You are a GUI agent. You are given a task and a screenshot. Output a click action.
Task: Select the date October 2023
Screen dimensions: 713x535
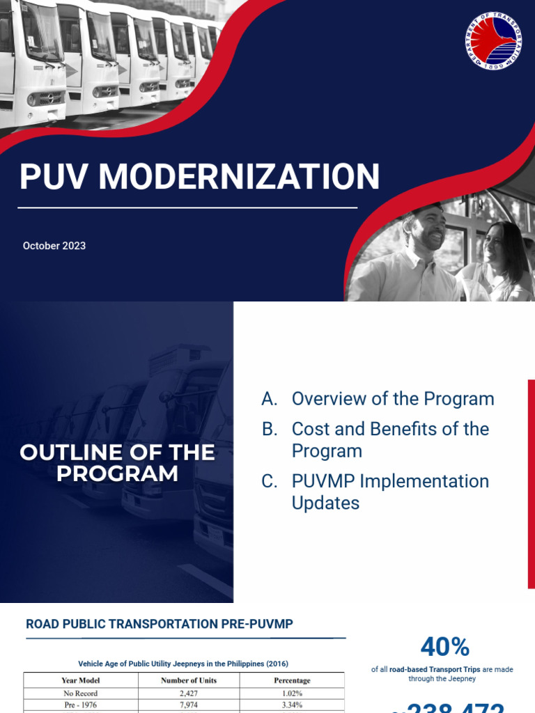click(x=54, y=246)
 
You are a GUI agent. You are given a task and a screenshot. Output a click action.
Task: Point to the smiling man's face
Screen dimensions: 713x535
click(x=426, y=230)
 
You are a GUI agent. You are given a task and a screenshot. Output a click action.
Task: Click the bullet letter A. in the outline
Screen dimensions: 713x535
click(x=270, y=399)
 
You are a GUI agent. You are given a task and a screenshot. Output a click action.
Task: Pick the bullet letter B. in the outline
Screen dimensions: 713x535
click(x=270, y=429)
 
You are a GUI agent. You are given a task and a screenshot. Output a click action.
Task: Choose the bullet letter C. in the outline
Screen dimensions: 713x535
click(x=270, y=481)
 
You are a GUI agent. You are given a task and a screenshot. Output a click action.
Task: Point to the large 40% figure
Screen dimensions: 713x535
click(x=444, y=647)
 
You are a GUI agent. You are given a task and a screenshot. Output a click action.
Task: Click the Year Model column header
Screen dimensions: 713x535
click(x=80, y=680)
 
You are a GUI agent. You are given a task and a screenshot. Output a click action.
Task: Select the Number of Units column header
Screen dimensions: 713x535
click(x=189, y=680)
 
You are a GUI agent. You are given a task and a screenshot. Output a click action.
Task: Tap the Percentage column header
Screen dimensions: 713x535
click(x=292, y=680)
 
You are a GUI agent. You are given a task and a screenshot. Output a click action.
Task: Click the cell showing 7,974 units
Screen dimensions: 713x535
click(x=189, y=705)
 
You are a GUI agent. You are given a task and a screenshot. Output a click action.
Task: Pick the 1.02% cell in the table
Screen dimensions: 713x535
click(x=292, y=693)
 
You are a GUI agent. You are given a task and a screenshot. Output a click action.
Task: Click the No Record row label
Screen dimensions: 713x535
click(x=80, y=693)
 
